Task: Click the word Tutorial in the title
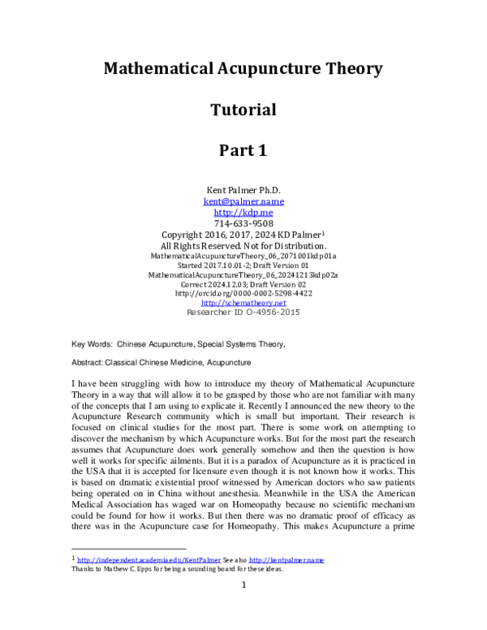coord(243,109)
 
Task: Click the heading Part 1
coord(243,150)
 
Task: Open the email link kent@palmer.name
coord(243,201)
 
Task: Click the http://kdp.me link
coord(243,212)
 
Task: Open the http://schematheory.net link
coord(243,302)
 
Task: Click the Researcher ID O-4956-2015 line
coord(243,312)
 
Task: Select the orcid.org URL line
coord(243,293)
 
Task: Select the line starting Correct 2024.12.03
coord(243,283)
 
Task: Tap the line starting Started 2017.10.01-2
coord(243,265)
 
